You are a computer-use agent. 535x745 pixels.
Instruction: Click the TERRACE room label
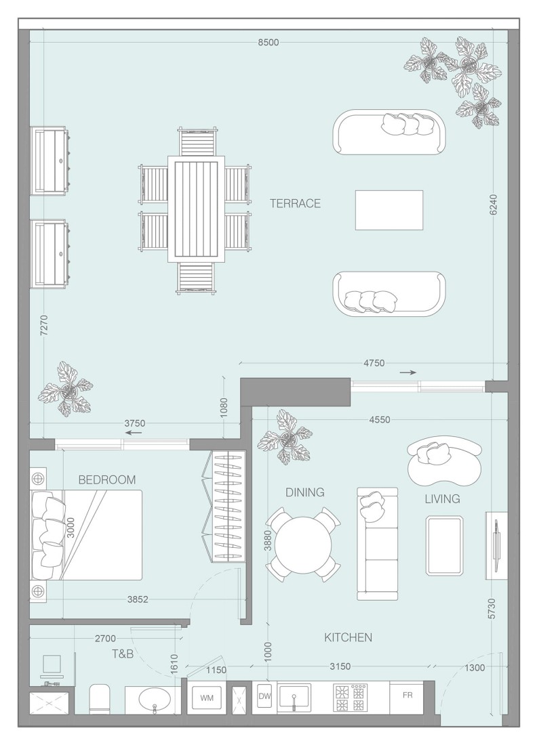coord(295,203)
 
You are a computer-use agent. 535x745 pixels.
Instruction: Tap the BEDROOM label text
coord(107,480)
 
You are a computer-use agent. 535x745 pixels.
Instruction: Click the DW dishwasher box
coord(264,695)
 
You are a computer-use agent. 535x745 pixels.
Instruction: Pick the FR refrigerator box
coord(408,695)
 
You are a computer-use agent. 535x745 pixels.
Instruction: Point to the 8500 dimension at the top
coord(268,43)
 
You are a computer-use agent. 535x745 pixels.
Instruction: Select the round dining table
coord(302,545)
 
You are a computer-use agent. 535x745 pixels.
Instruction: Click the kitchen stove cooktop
coord(350,697)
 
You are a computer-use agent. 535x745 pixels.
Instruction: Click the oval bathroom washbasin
coord(155,700)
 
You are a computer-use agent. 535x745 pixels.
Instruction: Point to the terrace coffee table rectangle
coord(389,210)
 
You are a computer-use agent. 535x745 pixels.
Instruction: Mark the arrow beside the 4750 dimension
coord(407,372)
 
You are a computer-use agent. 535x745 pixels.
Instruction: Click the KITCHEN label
coord(348,637)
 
